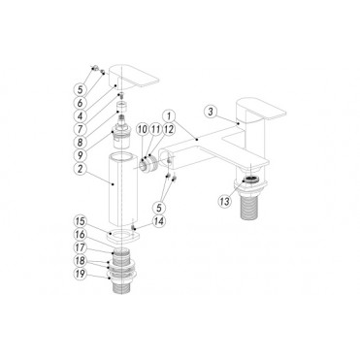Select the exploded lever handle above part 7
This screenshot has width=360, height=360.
tap(132, 75)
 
